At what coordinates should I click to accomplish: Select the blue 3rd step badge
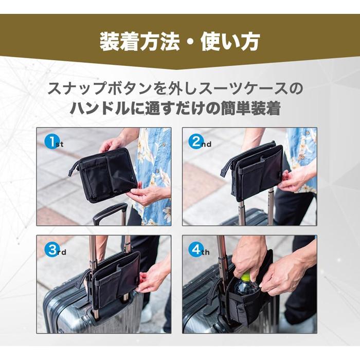[51, 250]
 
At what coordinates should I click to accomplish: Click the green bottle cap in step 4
[246, 277]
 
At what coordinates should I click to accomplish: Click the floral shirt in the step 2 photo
[301, 149]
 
